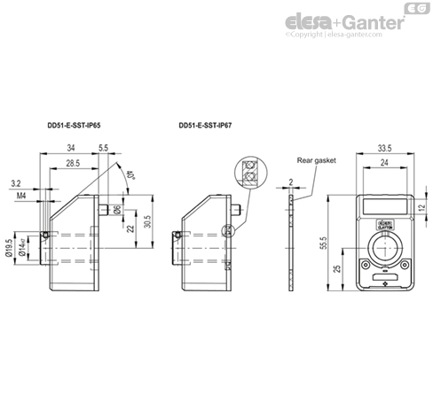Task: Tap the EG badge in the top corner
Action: tap(414, 9)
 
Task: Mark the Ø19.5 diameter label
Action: tap(10, 249)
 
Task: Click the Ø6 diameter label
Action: tap(117, 209)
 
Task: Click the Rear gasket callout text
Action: tap(317, 160)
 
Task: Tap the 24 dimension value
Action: tap(384, 164)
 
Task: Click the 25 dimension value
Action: tap(336, 267)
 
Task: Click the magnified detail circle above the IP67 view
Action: tap(249, 171)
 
